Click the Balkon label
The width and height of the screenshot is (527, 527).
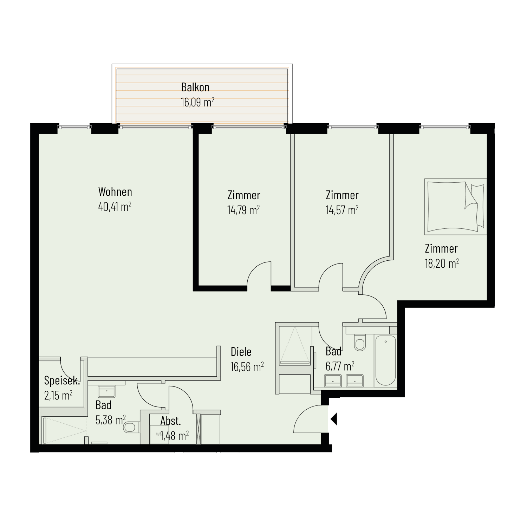[195, 87]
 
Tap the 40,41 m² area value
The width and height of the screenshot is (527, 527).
[115, 207]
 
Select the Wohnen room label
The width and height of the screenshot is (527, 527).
[115, 192]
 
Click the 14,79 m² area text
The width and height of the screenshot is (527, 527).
[243, 210]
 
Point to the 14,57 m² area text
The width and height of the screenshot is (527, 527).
[342, 210]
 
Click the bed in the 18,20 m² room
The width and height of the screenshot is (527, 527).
[456, 207]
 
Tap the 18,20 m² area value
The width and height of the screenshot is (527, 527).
[442, 263]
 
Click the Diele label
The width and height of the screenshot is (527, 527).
[241, 352]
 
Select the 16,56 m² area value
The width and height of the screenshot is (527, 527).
[247, 367]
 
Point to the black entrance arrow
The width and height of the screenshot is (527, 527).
[334, 419]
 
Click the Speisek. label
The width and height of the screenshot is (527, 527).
[62, 380]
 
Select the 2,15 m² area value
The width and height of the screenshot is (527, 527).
[58, 396]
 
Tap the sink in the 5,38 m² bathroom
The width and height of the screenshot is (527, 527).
[106, 391]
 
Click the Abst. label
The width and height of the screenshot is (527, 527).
[171, 421]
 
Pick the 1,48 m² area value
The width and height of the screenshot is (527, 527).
[174, 436]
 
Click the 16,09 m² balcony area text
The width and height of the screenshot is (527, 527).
[197, 102]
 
